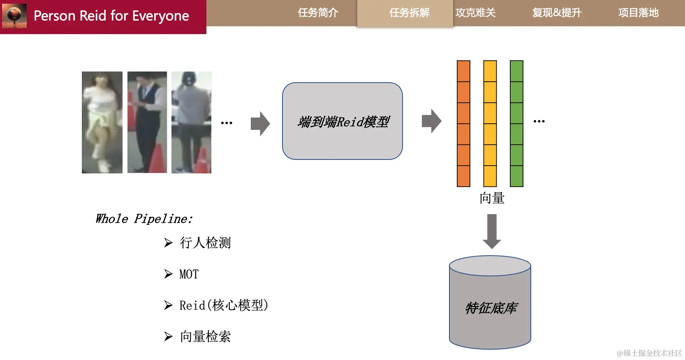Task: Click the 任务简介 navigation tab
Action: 318,13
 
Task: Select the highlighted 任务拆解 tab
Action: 409,13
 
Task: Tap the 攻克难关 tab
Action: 475,13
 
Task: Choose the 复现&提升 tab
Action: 557,13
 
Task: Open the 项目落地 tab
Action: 638,13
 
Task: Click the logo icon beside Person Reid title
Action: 14,16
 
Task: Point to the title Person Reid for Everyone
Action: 111,16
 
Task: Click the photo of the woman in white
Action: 102,122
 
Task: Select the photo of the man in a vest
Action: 147,122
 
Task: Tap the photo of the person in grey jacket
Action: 191,122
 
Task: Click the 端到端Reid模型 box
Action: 342,121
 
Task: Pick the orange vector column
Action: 463,123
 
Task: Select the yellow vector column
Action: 490,123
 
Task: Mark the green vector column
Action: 516,123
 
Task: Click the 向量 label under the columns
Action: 492,198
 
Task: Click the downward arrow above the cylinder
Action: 492,231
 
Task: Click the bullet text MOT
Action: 189,274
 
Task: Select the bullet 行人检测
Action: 205,243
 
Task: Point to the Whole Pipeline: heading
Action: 144,219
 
